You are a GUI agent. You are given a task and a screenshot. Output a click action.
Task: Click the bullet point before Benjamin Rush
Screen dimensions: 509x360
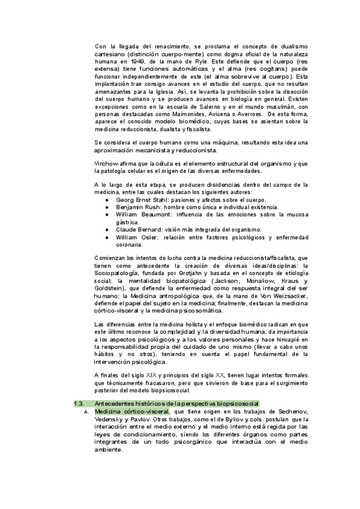(107, 207)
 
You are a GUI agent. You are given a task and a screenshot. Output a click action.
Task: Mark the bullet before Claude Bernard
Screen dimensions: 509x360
(107, 229)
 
